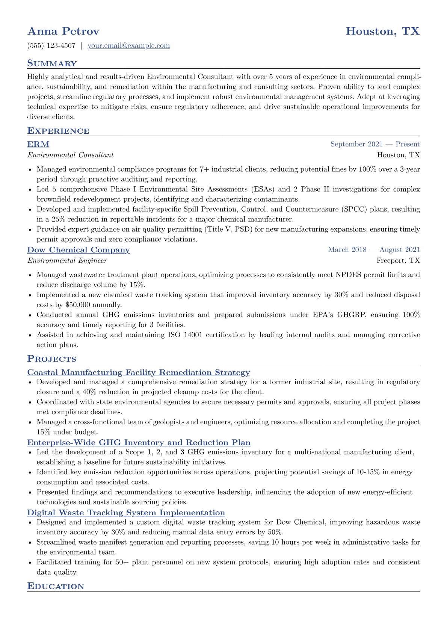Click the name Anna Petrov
pyautogui.click(x=63, y=31)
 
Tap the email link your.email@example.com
pyautogui.click(x=128, y=46)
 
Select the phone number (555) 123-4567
pyautogui.click(x=51, y=46)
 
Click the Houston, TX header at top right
pyautogui.click(x=382, y=31)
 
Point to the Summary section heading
pyautogui.click(x=52, y=63)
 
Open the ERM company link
pyautogui.click(x=38, y=145)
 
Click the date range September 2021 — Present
pyautogui.click(x=375, y=144)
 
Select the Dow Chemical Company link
pyautogui.click(x=79, y=250)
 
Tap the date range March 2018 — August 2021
pyautogui.click(x=374, y=250)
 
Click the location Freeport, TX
pyautogui.click(x=398, y=261)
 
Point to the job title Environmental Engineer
pyautogui.click(x=67, y=261)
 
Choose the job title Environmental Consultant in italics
pyautogui.click(x=70, y=155)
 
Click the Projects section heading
pyautogui.click(x=51, y=359)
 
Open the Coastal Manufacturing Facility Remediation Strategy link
pyautogui.click(x=139, y=373)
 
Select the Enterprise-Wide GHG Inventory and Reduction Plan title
pyautogui.click(x=139, y=443)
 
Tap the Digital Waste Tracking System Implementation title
pyautogui.click(x=126, y=513)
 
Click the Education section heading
pyautogui.click(x=56, y=587)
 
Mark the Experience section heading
pyautogui.click(x=58, y=131)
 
